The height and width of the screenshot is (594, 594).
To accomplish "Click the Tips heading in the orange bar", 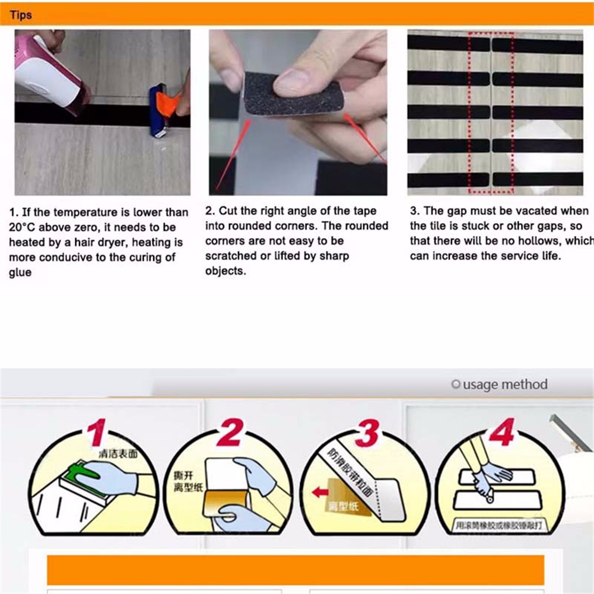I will click(x=20, y=14).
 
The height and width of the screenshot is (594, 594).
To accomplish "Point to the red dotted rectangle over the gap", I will click(x=491, y=113).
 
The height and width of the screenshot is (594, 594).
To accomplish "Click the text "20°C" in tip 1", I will click(x=23, y=227).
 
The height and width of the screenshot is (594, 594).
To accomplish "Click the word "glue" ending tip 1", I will click(x=20, y=272).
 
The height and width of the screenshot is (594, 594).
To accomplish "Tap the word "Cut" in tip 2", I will click(x=228, y=211).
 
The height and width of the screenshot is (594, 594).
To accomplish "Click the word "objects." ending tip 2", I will click(x=225, y=271).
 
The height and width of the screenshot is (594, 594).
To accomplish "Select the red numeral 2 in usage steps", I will click(x=228, y=434).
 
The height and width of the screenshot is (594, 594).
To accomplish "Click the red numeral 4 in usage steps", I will click(x=501, y=434).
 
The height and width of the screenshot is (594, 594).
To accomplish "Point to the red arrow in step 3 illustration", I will click(x=320, y=492).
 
